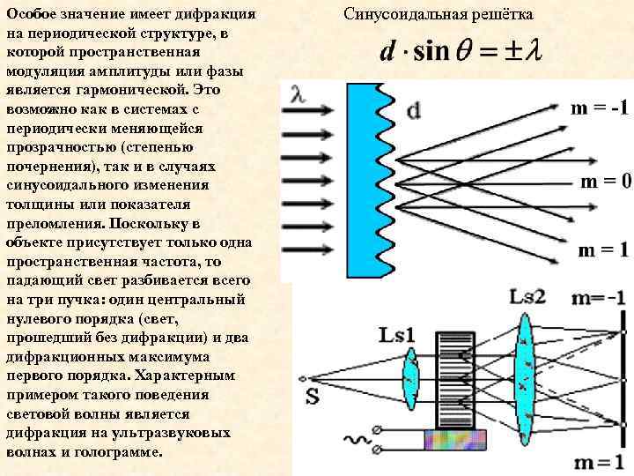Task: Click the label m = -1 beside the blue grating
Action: click(x=599, y=108)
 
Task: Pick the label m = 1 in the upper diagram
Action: click(x=602, y=250)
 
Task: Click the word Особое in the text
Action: click(x=33, y=15)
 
